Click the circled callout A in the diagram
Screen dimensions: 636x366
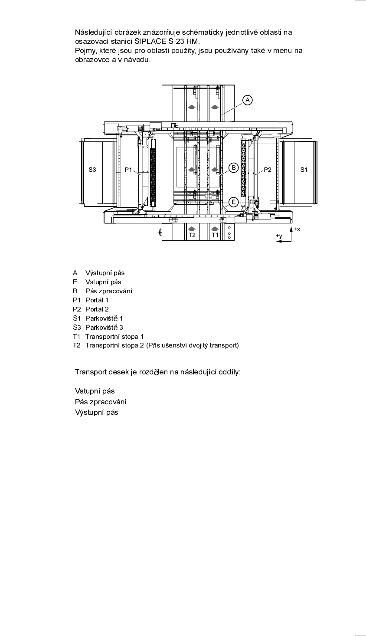coord(247,100)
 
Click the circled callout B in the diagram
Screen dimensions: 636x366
coord(233,167)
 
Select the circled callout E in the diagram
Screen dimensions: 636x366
coord(233,201)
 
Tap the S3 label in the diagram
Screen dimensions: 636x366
coord(92,170)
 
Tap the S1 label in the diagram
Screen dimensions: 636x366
coord(304,170)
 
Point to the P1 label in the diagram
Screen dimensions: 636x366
coord(128,170)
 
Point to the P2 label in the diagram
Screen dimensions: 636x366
coord(268,170)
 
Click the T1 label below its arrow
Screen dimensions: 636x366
coord(215,235)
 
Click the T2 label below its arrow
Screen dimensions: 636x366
coord(192,235)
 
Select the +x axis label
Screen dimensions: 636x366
coord(297,229)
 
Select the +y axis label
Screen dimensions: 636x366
coord(279,236)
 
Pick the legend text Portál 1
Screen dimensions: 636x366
coord(97,300)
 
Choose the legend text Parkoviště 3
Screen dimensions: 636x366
coord(104,327)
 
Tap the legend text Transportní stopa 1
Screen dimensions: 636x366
coord(114,336)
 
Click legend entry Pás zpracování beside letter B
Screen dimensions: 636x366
coord(108,291)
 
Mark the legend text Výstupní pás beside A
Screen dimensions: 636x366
coord(105,273)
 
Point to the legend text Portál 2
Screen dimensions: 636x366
coord(97,309)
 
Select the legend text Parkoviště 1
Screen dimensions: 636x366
coord(104,318)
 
